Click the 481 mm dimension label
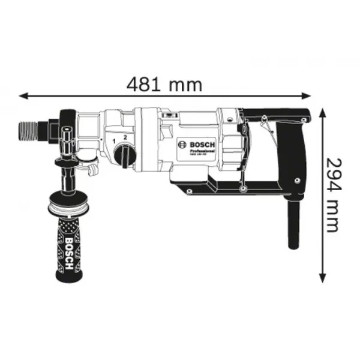tap(163, 85)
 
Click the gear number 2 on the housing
tap(125, 138)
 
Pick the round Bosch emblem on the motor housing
tap(181, 145)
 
